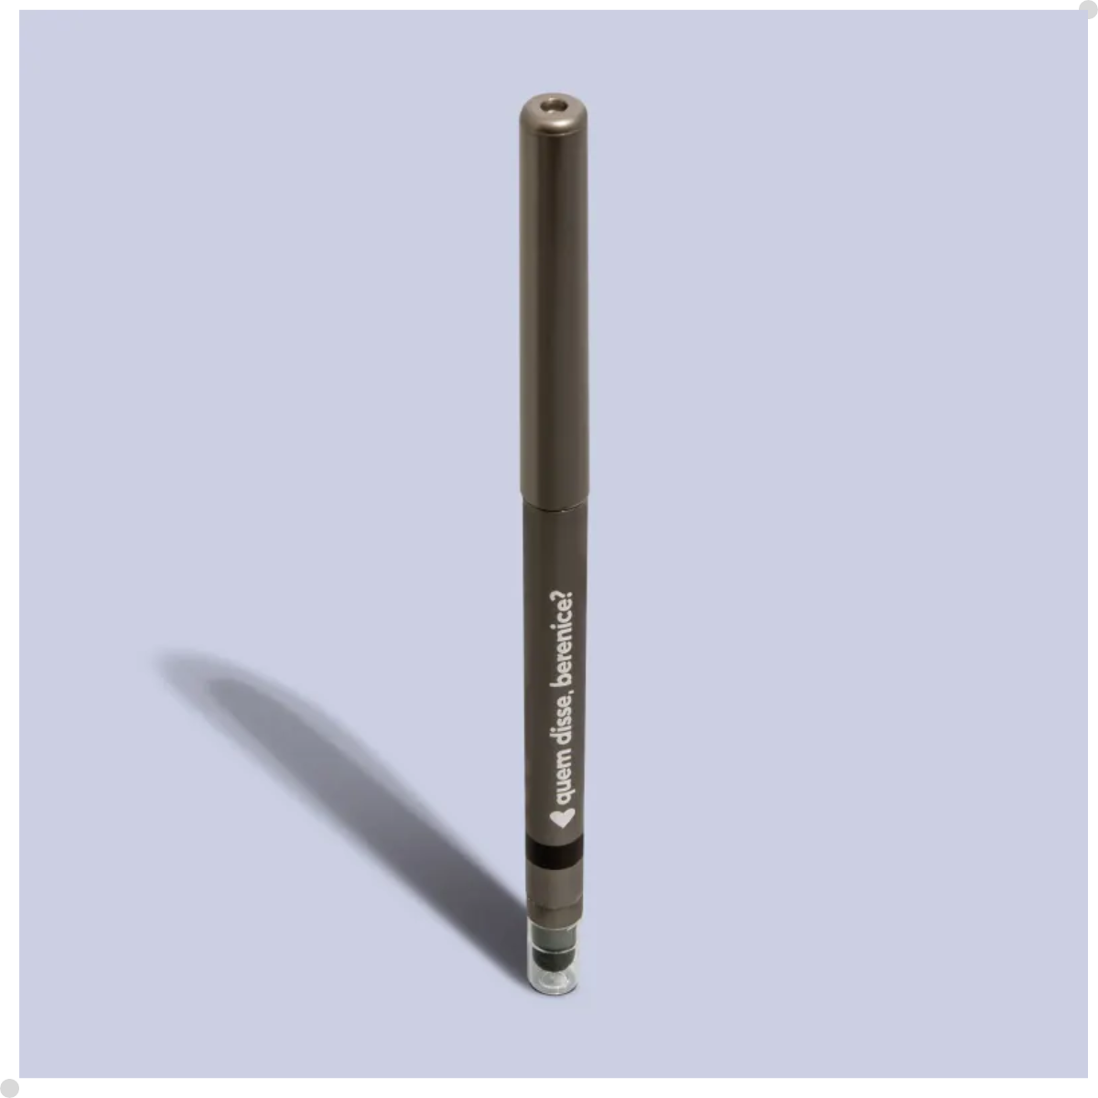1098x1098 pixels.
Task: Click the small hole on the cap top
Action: pyautogui.click(x=554, y=105)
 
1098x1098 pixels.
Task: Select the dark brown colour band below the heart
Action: pyautogui.click(x=555, y=852)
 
